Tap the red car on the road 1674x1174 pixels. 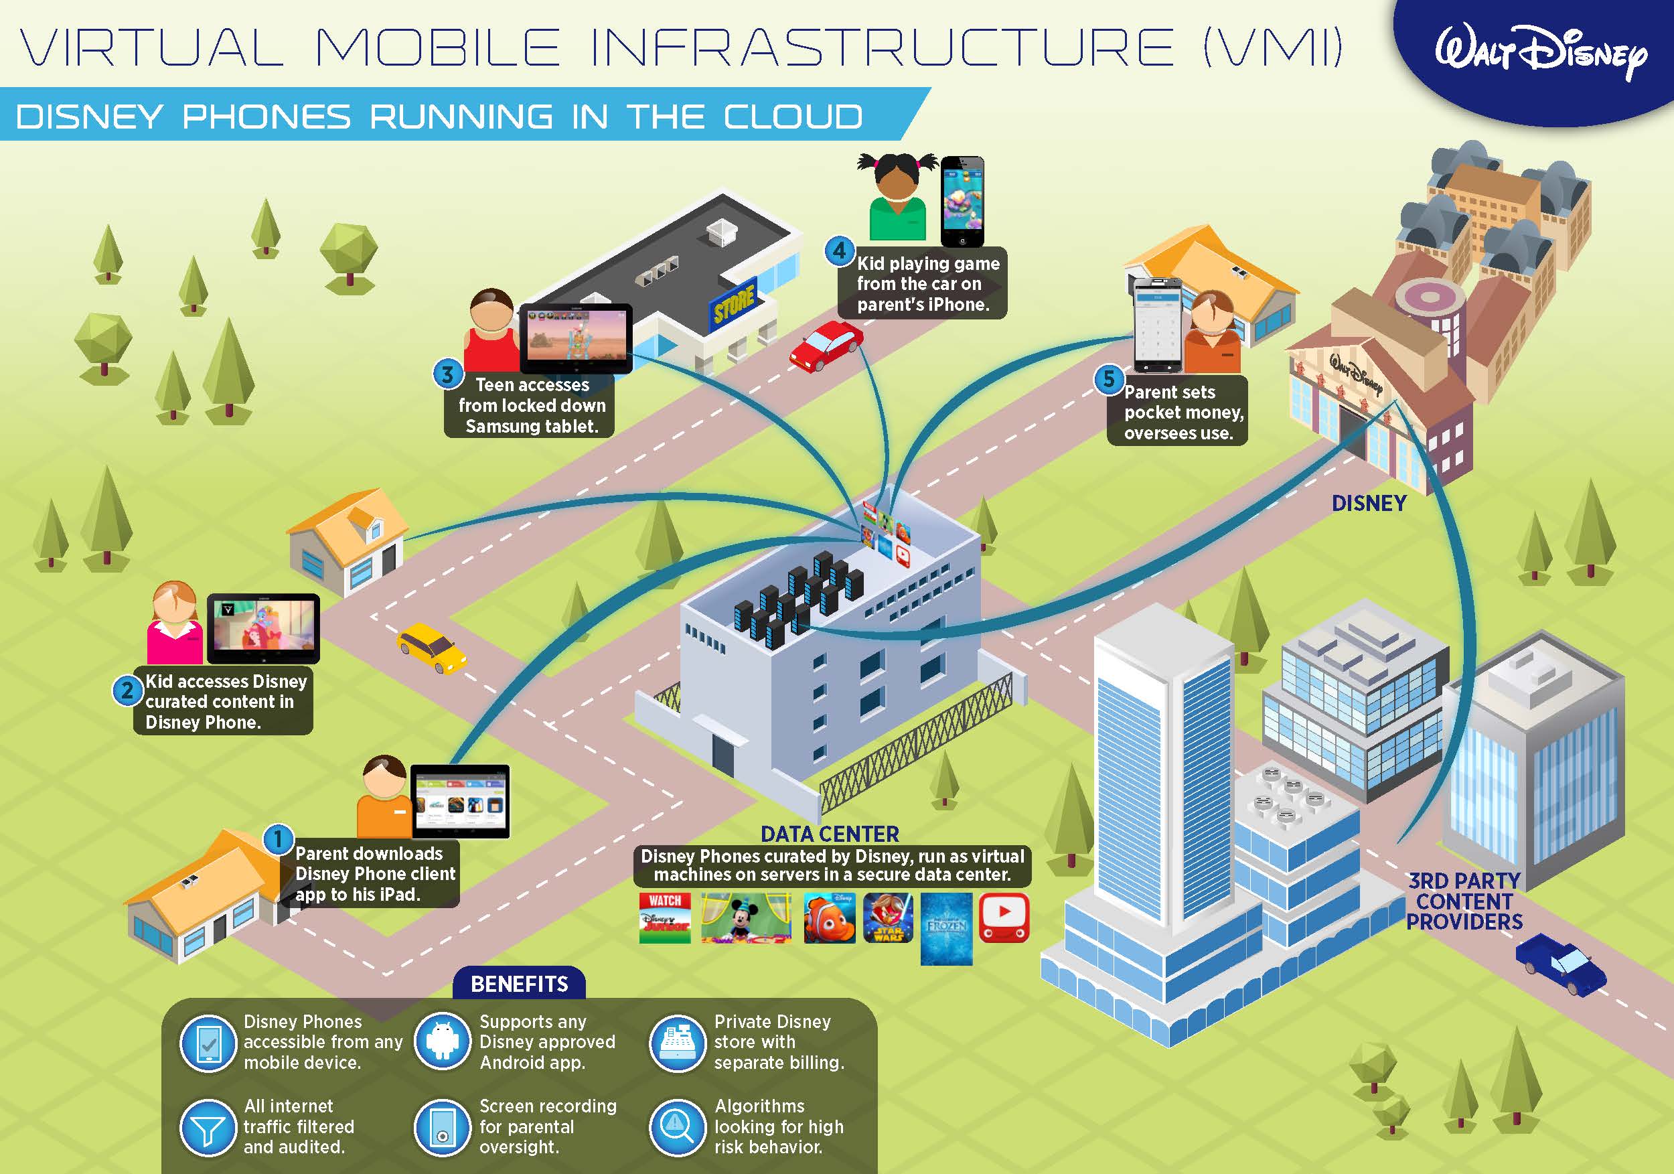coord(826,345)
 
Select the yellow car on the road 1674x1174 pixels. coord(432,647)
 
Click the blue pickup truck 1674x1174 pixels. coord(1561,966)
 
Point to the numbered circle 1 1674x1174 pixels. coord(278,839)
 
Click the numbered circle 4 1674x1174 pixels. coord(839,252)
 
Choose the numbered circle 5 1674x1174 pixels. coord(1108,379)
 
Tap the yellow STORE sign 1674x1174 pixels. coord(733,304)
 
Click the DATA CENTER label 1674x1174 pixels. coord(830,834)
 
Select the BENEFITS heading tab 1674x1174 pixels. coord(519,984)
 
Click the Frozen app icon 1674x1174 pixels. coord(946,928)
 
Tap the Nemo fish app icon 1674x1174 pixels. coord(829,918)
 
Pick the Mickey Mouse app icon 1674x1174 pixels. coord(745,918)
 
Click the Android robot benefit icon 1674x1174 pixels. coord(442,1041)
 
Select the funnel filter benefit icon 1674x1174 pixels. coord(208,1127)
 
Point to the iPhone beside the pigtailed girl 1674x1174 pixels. coord(962,202)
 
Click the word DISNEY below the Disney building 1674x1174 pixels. coord(1369,503)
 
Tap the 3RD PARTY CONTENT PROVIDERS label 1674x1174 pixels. coord(1464,901)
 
